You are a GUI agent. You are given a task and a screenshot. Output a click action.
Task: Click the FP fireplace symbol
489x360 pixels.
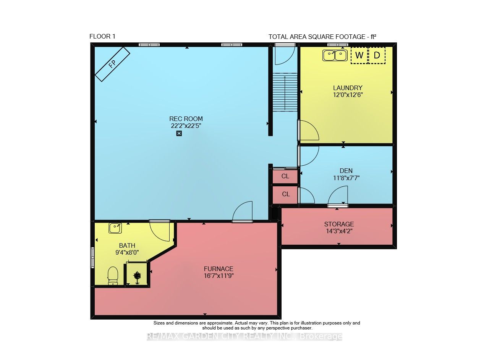(x=112, y=64)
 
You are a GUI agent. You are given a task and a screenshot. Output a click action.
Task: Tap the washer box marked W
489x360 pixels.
(x=359, y=55)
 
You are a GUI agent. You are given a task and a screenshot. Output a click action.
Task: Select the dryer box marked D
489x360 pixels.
(x=377, y=55)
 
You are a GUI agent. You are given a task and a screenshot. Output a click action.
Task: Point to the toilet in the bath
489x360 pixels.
(x=113, y=276)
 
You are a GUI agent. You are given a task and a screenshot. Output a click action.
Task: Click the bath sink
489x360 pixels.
(x=115, y=228)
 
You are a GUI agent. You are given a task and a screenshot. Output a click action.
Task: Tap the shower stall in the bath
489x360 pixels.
(x=137, y=274)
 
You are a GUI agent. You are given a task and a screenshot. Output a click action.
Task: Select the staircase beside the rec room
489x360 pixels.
(x=285, y=92)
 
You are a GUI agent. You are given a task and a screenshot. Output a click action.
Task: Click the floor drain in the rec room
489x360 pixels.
(x=179, y=133)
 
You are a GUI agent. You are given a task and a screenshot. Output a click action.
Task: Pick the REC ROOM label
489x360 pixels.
(x=186, y=119)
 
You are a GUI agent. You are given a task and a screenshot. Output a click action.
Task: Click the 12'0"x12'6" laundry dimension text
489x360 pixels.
(x=348, y=95)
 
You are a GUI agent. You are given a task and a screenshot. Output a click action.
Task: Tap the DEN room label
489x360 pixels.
(x=346, y=171)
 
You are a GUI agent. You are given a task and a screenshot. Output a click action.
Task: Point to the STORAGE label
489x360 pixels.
(x=339, y=224)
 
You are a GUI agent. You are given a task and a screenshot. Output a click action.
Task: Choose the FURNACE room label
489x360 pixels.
(x=219, y=269)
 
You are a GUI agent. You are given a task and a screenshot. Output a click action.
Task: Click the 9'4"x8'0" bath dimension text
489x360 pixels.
(x=127, y=252)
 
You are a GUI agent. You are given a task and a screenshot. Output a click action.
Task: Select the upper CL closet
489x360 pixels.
(x=285, y=176)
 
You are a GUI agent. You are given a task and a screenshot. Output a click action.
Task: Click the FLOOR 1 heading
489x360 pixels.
(x=102, y=36)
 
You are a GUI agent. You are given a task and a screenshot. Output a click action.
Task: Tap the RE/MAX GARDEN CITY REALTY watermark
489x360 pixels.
(x=244, y=336)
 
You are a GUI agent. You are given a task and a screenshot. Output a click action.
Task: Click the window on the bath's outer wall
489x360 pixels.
(x=92, y=257)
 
